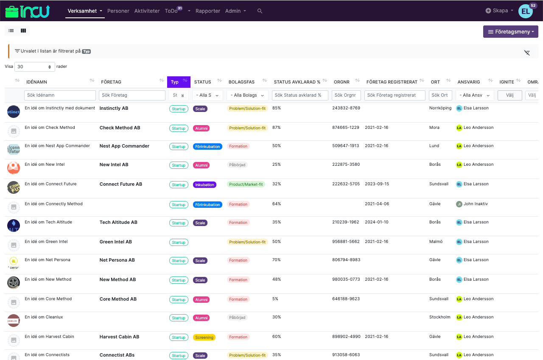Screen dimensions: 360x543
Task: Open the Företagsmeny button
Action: [510, 32]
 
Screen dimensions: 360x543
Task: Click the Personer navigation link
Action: [118, 11]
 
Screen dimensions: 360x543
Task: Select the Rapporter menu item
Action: [207, 11]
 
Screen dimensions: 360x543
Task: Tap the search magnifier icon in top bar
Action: [260, 11]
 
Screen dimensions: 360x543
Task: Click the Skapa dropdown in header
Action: [499, 11]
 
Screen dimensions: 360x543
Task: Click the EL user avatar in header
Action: [525, 11]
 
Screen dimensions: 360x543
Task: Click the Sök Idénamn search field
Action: [60, 95]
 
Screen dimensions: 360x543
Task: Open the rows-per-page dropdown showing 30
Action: [35, 67]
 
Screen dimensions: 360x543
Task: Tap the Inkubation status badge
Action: [204, 185]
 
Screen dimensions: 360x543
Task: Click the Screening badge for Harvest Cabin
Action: [204, 338]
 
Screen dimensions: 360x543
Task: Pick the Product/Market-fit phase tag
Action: [246, 184]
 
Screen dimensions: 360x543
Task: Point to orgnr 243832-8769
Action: [346, 108]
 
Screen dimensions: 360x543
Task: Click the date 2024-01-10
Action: [376, 222]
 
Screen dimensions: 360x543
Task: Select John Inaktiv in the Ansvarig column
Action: [475, 204]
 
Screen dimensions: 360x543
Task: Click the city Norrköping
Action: [440, 108]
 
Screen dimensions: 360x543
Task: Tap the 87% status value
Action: [276, 128]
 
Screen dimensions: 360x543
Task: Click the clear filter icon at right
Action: [527, 53]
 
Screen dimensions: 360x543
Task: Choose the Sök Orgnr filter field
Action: [346, 95]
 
